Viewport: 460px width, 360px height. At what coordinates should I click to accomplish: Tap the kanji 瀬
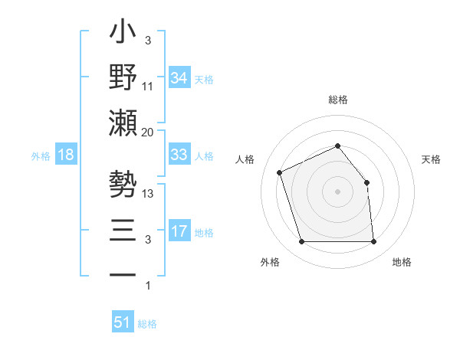click(x=123, y=123)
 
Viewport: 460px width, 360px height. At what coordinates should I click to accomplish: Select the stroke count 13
click(x=149, y=194)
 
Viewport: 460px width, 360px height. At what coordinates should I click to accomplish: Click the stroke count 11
click(x=148, y=86)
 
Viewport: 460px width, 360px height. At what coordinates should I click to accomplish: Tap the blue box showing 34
click(x=179, y=77)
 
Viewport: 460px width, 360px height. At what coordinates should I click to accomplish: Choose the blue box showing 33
click(x=179, y=155)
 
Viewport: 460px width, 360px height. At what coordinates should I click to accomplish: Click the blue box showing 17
click(x=179, y=231)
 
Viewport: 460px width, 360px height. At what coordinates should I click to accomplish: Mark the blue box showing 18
click(x=66, y=155)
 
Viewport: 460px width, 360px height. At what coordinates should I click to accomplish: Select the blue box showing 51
click(x=122, y=322)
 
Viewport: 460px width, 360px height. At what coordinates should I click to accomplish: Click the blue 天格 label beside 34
click(x=204, y=79)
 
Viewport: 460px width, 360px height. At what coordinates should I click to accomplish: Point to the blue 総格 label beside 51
click(x=147, y=324)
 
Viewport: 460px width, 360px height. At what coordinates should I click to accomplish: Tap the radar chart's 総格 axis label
click(x=337, y=100)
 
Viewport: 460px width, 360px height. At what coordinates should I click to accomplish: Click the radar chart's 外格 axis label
click(x=270, y=262)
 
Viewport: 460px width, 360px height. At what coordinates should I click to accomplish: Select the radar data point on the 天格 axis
click(x=366, y=182)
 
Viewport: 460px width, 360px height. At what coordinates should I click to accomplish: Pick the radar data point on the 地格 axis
click(x=373, y=242)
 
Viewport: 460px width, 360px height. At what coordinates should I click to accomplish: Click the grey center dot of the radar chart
click(x=337, y=191)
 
